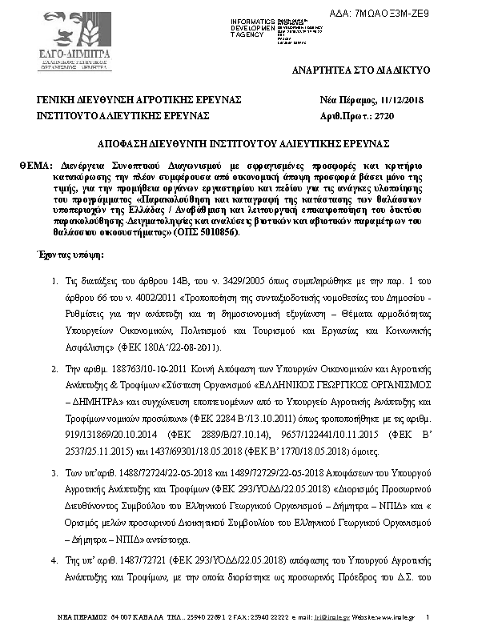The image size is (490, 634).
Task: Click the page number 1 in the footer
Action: tap(428, 616)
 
